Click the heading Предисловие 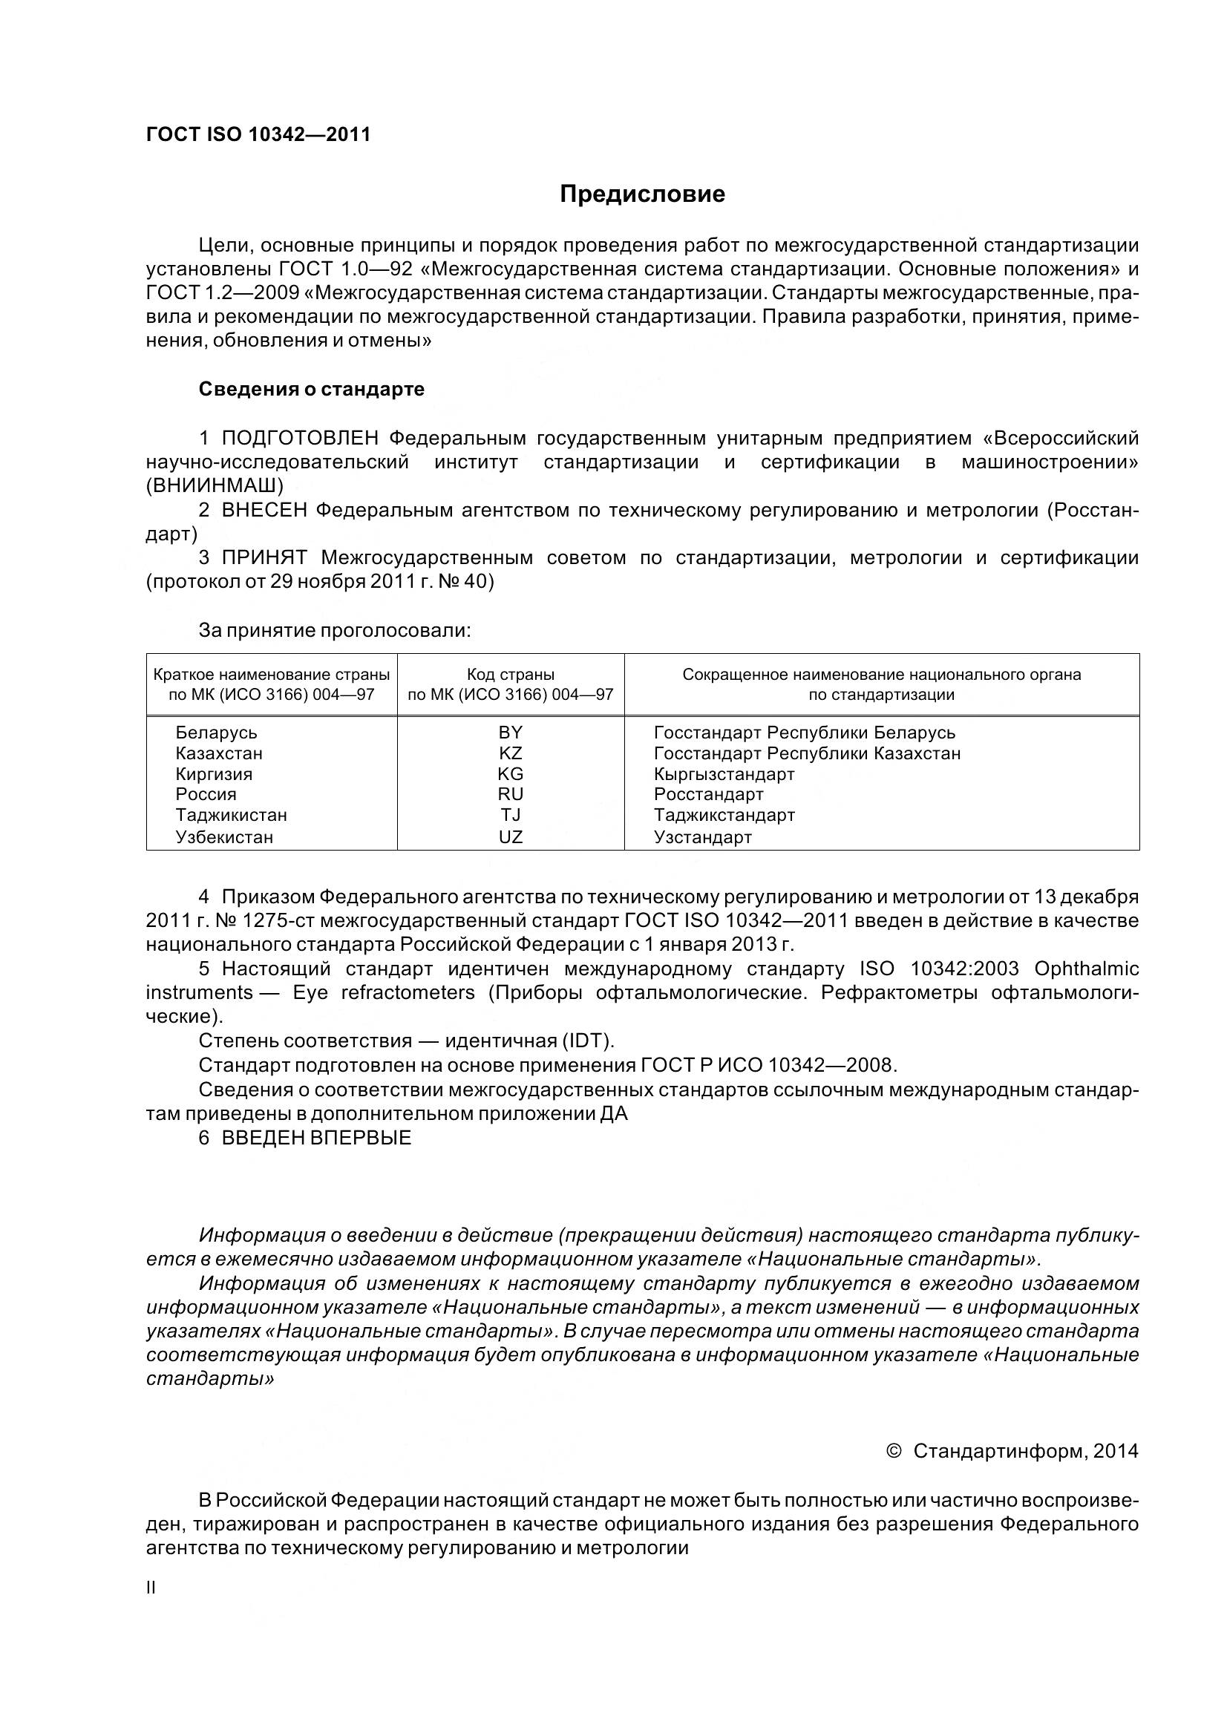(642, 194)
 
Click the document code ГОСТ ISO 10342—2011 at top (258, 134)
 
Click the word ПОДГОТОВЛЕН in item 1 (300, 438)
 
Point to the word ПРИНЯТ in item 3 (264, 557)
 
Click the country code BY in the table (510, 732)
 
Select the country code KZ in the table (510, 753)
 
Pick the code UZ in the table (510, 836)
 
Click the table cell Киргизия (214, 773)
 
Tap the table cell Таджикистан (232, 815)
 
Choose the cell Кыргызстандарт (724, 773)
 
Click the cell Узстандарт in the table (702, 836)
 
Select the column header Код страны (510, 674)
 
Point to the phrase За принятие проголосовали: (334, 630)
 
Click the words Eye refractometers (384, 992)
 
